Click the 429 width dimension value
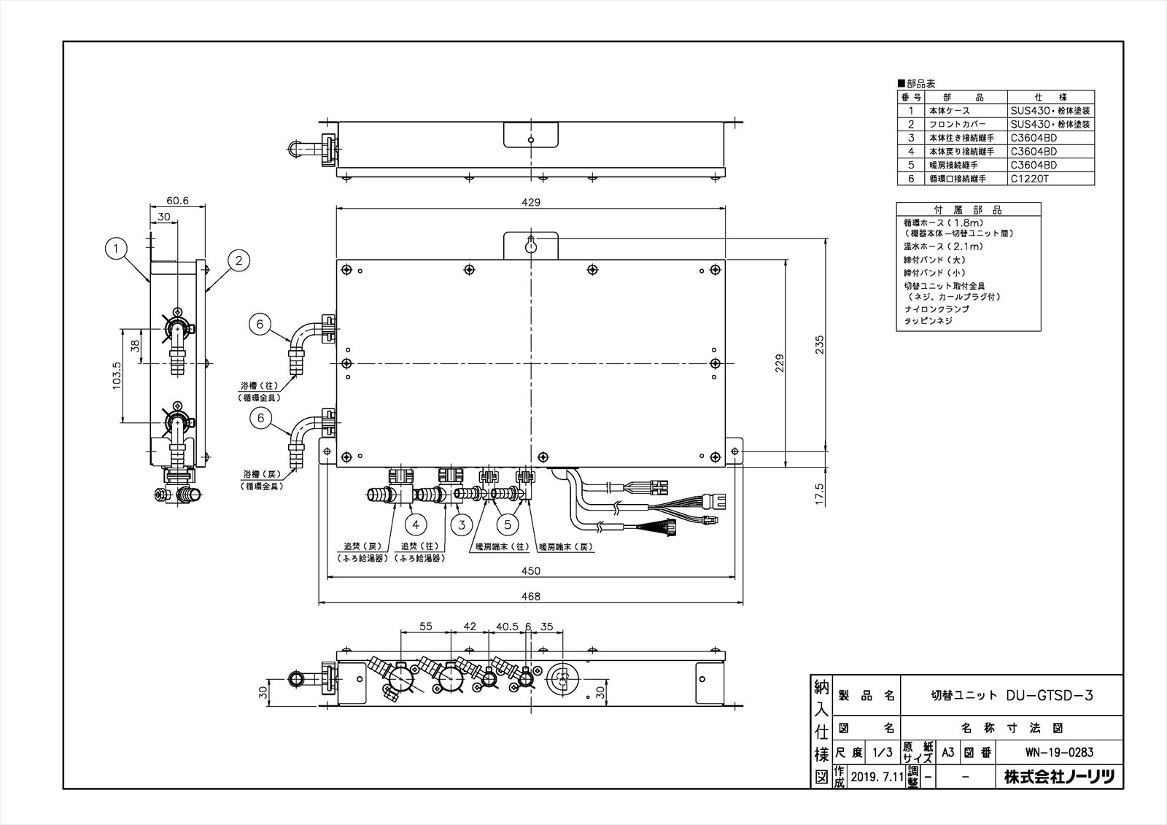pos(531,202)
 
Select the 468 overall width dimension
pos(531,597)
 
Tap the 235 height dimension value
pos(819,344)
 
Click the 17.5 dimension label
pos(819,493)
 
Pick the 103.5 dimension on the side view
pos(117,375)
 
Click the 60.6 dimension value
pos(177,200)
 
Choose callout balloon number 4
pos(416,524)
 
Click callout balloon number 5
pos(509,524)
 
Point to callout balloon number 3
pos(460,524)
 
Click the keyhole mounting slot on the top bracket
pos(531,246)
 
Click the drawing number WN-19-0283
pos(1058,752)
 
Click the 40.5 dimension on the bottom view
pos(507,627)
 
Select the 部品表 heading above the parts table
pos(920,84)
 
